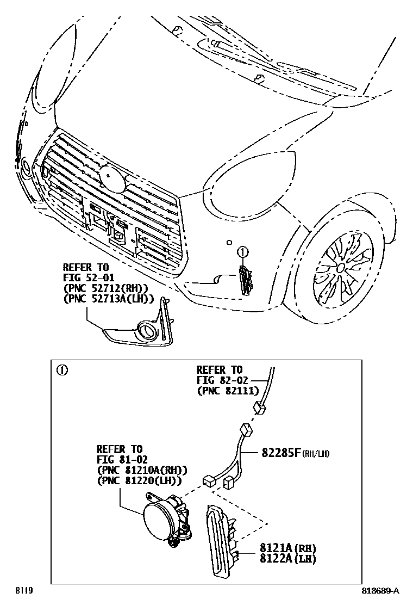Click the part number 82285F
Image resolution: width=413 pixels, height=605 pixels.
281,452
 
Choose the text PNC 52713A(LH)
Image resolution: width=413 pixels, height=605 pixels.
108,298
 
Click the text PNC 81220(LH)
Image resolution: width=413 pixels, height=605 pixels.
139,480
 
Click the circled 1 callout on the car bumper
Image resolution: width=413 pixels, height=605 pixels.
242,252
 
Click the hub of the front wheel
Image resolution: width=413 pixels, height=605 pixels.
340,267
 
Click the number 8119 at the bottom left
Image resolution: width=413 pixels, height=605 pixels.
23,591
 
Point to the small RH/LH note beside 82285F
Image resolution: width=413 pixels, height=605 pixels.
318,453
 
